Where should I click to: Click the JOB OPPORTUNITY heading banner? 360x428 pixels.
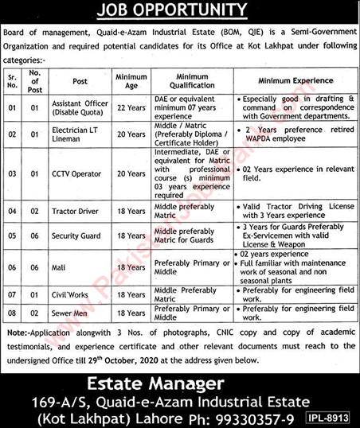tap(179, 10)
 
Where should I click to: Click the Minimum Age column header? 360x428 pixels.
tap(131, 80)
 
